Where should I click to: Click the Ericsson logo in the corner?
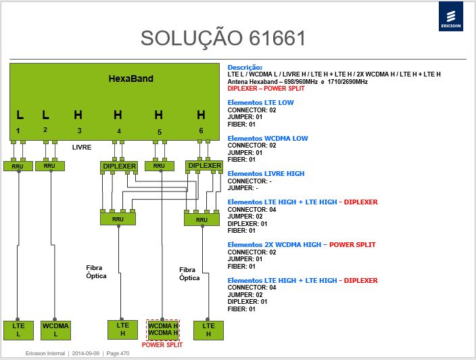click(451, 16)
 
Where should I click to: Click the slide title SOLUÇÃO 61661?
click(223, 39)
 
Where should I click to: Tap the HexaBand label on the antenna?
click(131, 78)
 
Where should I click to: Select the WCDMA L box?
click(55, 330)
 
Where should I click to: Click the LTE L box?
click(18, 330)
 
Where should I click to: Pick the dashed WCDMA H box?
click(163, 330)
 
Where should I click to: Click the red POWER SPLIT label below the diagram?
click(162, 345)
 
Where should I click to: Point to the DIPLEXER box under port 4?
click(119, 166)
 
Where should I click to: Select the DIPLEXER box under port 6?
click(205, 166)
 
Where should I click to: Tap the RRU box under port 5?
click(160, 166)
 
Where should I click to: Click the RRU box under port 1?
click(18, 166)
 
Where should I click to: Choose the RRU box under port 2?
click(50, 166)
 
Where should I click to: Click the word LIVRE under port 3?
click(82, 148)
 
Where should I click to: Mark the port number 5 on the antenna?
click(160, 132)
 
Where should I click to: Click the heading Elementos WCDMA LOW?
click(268, 138)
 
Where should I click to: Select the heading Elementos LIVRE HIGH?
click(266, 173)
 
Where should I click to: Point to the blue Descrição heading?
click(245, 68)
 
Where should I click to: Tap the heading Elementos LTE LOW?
click(261, 103)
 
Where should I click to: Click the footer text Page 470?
click(118, 354)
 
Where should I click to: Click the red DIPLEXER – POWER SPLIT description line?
click(266, 89)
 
